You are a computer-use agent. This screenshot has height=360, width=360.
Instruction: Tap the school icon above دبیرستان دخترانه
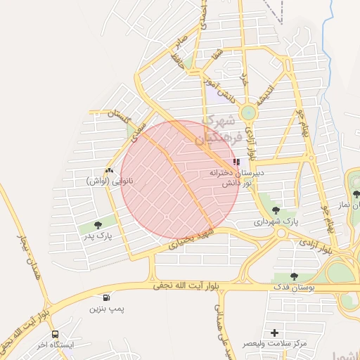(x=245, y=162)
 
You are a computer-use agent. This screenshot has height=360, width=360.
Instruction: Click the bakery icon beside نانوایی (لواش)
(x=108, y=171)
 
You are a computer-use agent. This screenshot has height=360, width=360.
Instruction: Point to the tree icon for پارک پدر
(x=97, y=225)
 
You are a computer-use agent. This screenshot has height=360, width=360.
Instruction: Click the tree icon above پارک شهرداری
(x=274, y=210)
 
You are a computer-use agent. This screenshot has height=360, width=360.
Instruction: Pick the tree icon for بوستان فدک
(x=294, y=276)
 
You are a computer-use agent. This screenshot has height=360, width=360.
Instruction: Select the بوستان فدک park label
(x=314, y=288)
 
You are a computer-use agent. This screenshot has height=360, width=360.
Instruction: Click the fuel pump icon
(x=106, y=298)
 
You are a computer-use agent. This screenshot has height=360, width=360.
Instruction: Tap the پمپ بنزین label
(x=107, y=309)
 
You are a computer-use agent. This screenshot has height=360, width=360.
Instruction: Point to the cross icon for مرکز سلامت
(x=274, y=332)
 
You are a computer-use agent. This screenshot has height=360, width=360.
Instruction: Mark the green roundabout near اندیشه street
(x=247, y=112)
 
